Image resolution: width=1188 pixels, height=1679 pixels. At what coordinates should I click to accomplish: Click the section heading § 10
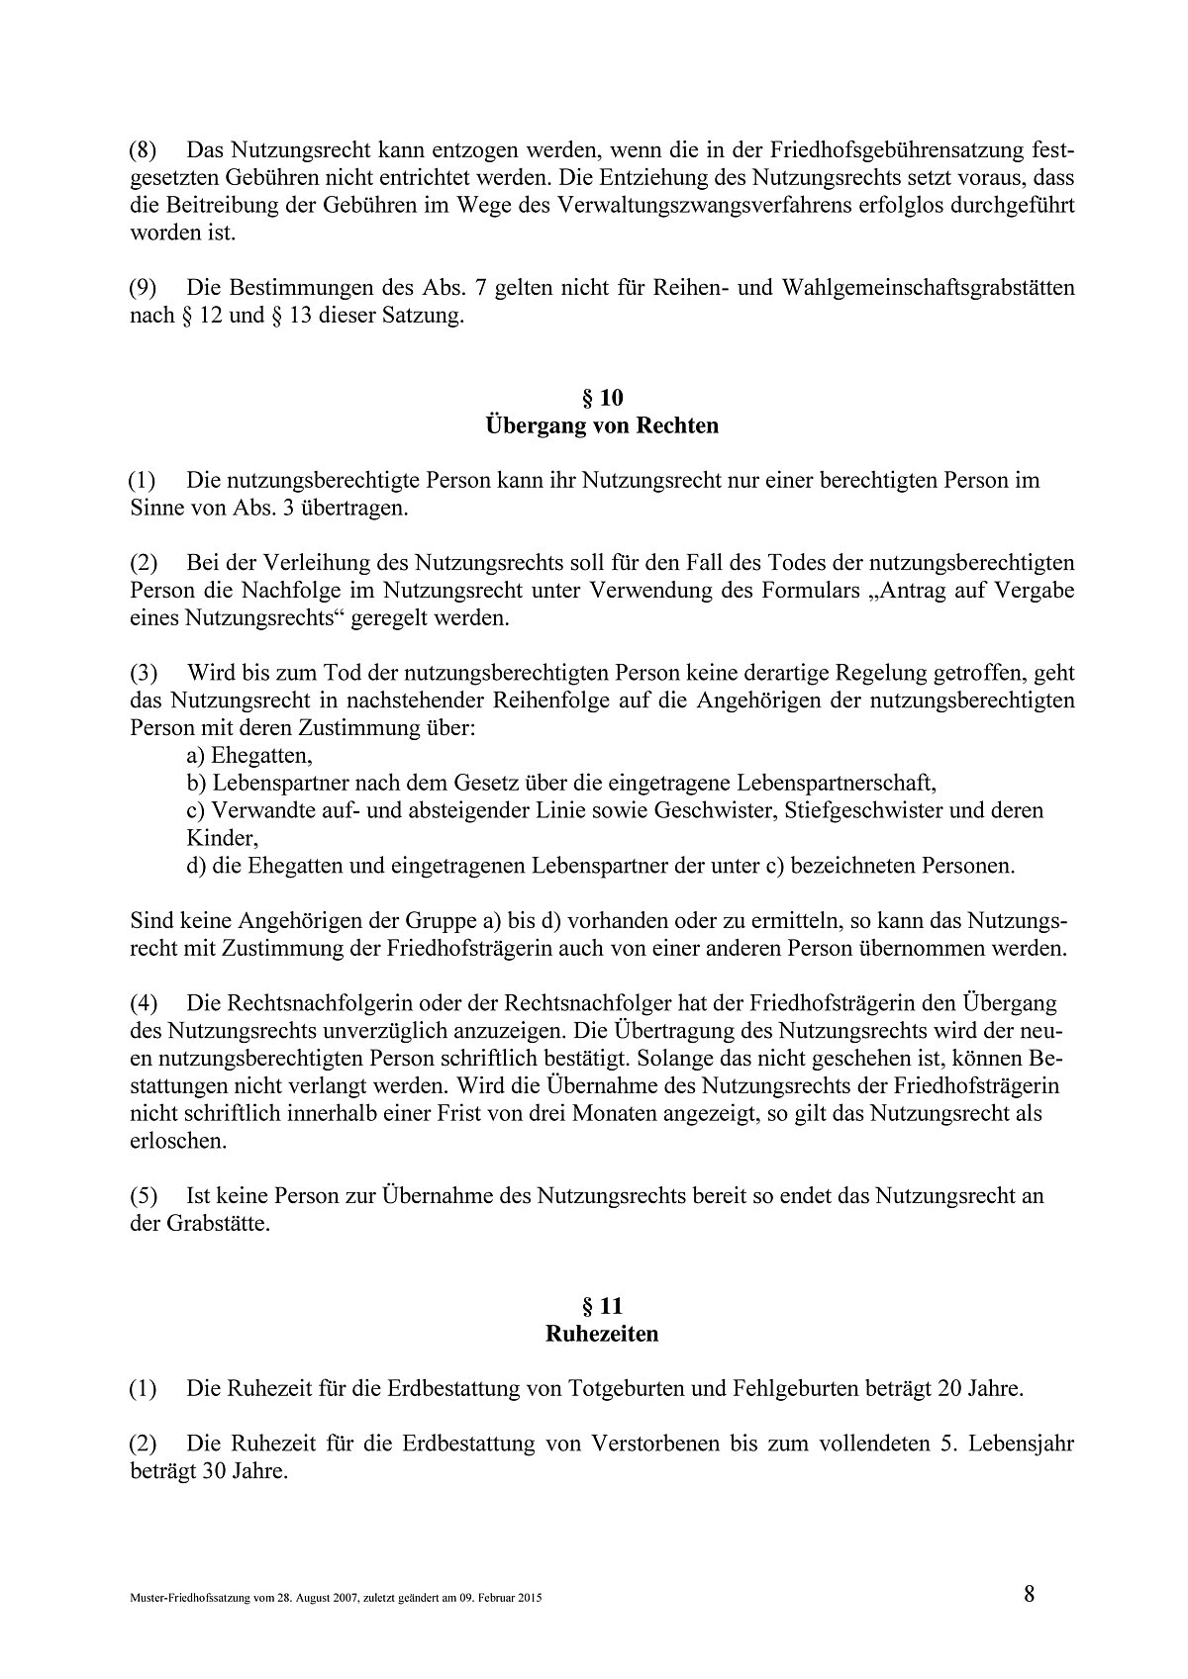point(602,398)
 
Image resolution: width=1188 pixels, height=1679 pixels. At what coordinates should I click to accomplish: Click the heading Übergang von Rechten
point(602,426)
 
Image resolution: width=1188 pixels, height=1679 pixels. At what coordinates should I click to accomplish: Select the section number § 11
point(602,1305)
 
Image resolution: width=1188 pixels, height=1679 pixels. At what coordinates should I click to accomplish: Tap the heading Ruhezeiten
point(602,1334)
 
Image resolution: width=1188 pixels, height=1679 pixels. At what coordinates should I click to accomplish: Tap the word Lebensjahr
point(1025,1444)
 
